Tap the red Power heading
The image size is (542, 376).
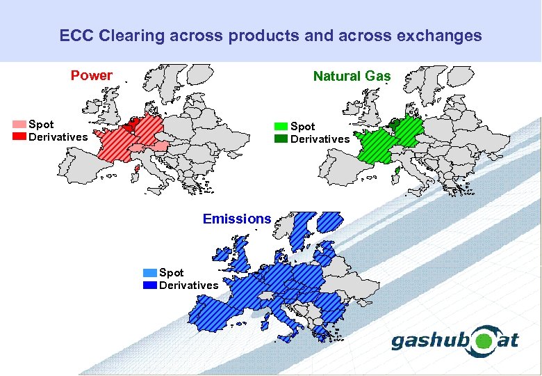[x=91, y=75]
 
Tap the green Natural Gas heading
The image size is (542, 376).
[x=352, y=76]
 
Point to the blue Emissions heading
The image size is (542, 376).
[x=237, y=219]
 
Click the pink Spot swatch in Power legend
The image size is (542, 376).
[x=19, y=125]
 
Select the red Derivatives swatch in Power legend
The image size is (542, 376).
[x=19, y=136]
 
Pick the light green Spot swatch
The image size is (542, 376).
[x=281, y=127]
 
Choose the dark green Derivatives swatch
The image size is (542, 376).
[x=281, y=139]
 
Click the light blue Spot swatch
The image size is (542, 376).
[x=149, y=273]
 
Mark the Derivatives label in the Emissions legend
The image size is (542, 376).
[x=188, y=285]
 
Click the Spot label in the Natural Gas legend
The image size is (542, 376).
[x=302, y=127]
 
